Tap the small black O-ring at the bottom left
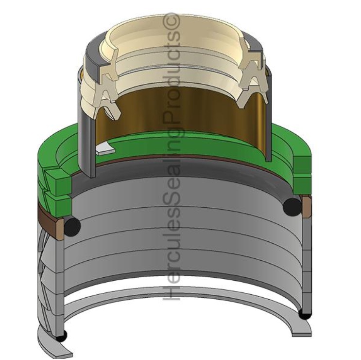(x=60, y=336)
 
